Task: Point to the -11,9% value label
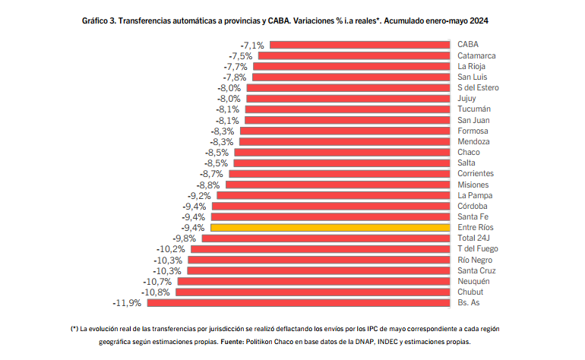[x=127, y=303]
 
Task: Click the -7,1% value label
[x=251, y=46]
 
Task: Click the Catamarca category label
[x=477, y=56]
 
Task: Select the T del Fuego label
[x=476, y=249]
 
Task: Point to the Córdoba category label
[x=473, y=206]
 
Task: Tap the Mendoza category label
[x=473, y=142]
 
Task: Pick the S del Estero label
[x=478, y=88]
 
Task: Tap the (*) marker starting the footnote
[x=74, y=329]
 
